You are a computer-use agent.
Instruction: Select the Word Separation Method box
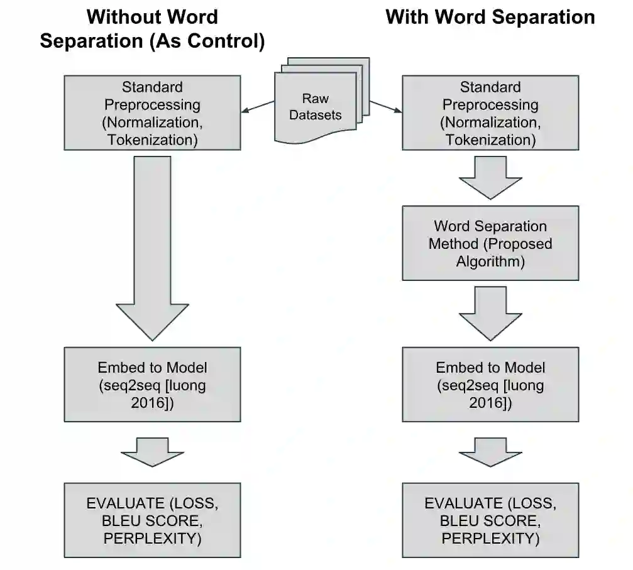point(490,243)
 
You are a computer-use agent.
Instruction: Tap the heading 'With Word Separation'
point(490,16)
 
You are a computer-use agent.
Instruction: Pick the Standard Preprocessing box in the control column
point(152,113)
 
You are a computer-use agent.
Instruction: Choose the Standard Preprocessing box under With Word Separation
point(490,113)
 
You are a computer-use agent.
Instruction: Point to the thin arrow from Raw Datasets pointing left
point(258,107)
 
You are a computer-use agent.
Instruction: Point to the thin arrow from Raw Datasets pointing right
point(385,107)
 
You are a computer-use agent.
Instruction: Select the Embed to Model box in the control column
point(152,385)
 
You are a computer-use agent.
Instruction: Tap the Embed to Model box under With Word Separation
point(490,385)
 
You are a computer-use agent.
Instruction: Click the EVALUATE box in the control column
point(152,520)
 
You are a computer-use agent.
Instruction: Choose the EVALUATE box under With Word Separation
point(490,520)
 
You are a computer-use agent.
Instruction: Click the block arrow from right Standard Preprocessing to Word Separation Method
point(490,177)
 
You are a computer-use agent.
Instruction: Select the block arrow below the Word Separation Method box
point(490,313)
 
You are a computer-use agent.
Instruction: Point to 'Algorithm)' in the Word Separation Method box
point(490,261)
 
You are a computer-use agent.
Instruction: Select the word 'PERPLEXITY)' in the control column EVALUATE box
point(152,539)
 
